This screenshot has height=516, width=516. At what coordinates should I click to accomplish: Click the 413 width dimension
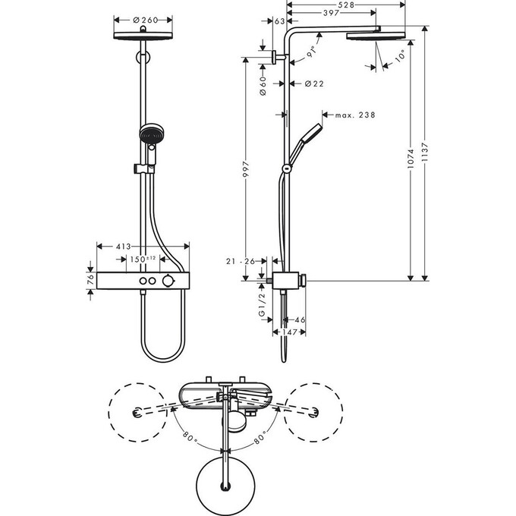coord(124,247)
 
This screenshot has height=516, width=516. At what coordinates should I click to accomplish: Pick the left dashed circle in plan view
coord(137,413)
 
